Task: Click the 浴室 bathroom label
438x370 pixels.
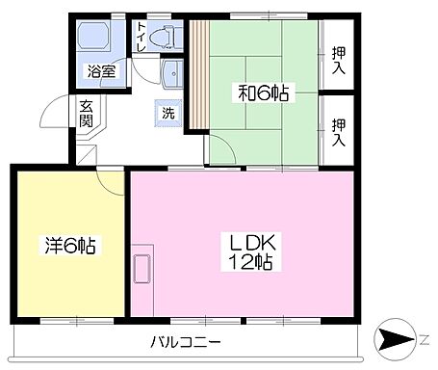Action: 100,69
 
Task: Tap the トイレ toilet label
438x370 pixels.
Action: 142,37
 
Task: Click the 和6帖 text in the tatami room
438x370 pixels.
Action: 264,93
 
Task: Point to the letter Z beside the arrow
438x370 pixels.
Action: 424,339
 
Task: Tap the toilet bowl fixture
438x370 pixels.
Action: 167,37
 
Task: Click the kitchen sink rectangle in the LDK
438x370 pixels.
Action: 141,269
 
